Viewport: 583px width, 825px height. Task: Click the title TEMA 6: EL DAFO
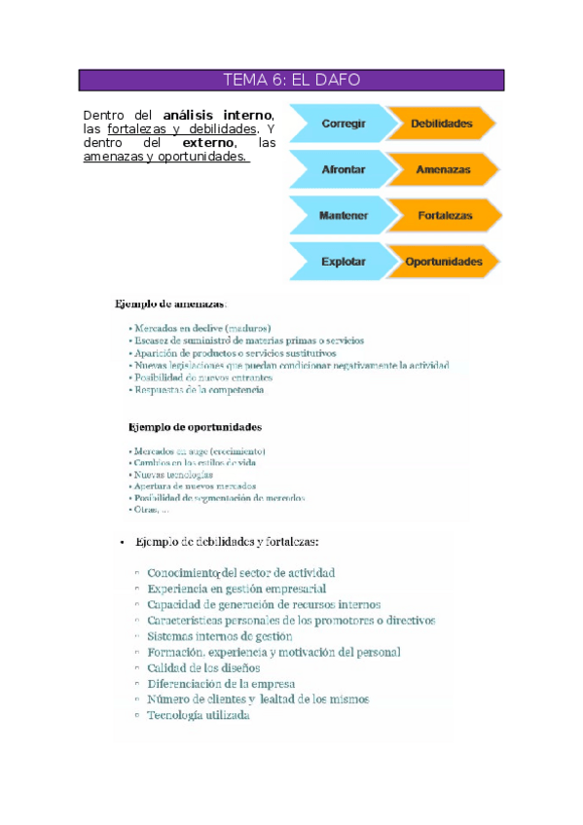[291, 80]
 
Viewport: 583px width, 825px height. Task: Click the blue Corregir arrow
[343, 124]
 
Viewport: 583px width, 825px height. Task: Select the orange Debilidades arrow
[441, 124]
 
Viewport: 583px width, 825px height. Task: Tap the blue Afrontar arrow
[343, 169]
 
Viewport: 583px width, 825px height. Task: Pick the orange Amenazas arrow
[443, 169]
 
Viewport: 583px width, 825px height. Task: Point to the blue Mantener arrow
[343, 215]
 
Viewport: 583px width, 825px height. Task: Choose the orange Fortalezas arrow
[443, 215]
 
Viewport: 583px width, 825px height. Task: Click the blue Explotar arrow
[343, 262]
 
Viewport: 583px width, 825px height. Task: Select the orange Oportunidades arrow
[444, 262]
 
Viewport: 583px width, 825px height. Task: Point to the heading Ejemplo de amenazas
[171, 304]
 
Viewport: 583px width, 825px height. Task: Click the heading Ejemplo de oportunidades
[195, 426]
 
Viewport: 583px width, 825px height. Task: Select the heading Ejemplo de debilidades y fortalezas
[228, 542]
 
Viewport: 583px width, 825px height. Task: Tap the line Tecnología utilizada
[199, 715]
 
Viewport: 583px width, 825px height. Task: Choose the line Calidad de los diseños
[203, 667]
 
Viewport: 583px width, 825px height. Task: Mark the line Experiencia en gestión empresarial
[237, 589]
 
